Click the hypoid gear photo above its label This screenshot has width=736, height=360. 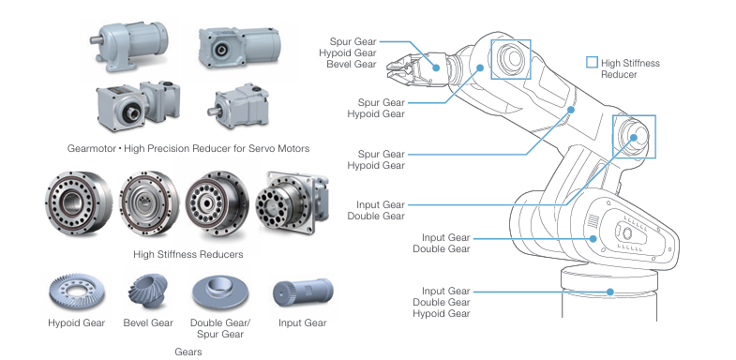pos(77,292)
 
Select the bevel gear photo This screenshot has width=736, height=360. pos(147,291)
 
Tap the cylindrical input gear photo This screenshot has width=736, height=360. pos(303,292)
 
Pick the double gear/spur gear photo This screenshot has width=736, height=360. pos(220,292)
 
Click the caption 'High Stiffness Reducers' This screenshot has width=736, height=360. pos(188,254)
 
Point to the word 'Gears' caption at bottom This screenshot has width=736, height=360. pos(188,352)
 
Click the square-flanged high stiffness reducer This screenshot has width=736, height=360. pos(292,202)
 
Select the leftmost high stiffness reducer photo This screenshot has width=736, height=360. pos(79,202)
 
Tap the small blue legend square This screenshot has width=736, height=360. pos(592,63)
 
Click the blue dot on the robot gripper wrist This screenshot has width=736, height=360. pos(436,67)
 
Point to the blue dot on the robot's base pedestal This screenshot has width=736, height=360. pos(609,292)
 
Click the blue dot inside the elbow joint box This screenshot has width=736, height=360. pos(633,138)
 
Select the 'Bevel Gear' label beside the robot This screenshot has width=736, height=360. pos(352,65)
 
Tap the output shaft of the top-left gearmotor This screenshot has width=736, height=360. pos(96,40)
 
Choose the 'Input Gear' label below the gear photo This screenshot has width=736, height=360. pos(302,322)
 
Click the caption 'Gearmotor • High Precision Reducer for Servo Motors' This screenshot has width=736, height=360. pos(188,149)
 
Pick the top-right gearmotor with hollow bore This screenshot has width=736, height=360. pos(239,46)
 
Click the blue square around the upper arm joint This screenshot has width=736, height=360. pos(511,40)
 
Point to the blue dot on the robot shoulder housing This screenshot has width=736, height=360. pos(593,238)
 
